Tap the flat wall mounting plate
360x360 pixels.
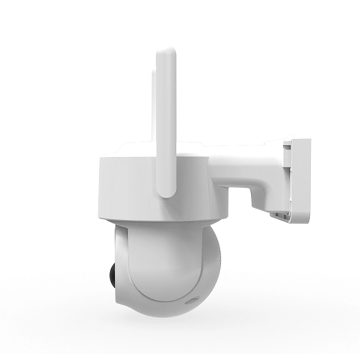[x=302, y=180]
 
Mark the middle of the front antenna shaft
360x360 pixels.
[x=166, y=122]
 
